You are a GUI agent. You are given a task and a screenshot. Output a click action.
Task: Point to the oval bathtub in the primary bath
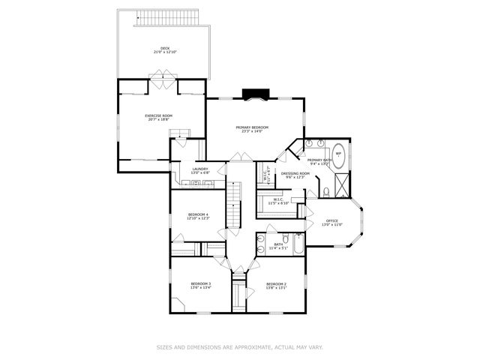(x=338, y=154)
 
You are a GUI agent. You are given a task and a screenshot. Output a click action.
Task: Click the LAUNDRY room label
(x=199, y=169)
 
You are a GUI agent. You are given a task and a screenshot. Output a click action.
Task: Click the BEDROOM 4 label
(x=198, y=215)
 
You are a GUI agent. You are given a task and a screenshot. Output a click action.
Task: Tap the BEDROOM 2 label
(x=276, y=284)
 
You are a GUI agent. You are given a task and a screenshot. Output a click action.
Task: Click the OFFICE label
(x=331, y=220)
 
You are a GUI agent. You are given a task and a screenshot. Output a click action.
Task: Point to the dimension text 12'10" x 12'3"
(x=198, y=219)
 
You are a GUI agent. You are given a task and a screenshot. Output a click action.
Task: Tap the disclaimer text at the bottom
(x=239, y=346)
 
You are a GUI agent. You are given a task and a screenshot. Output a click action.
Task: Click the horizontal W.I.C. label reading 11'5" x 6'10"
(x=279, y=202)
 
